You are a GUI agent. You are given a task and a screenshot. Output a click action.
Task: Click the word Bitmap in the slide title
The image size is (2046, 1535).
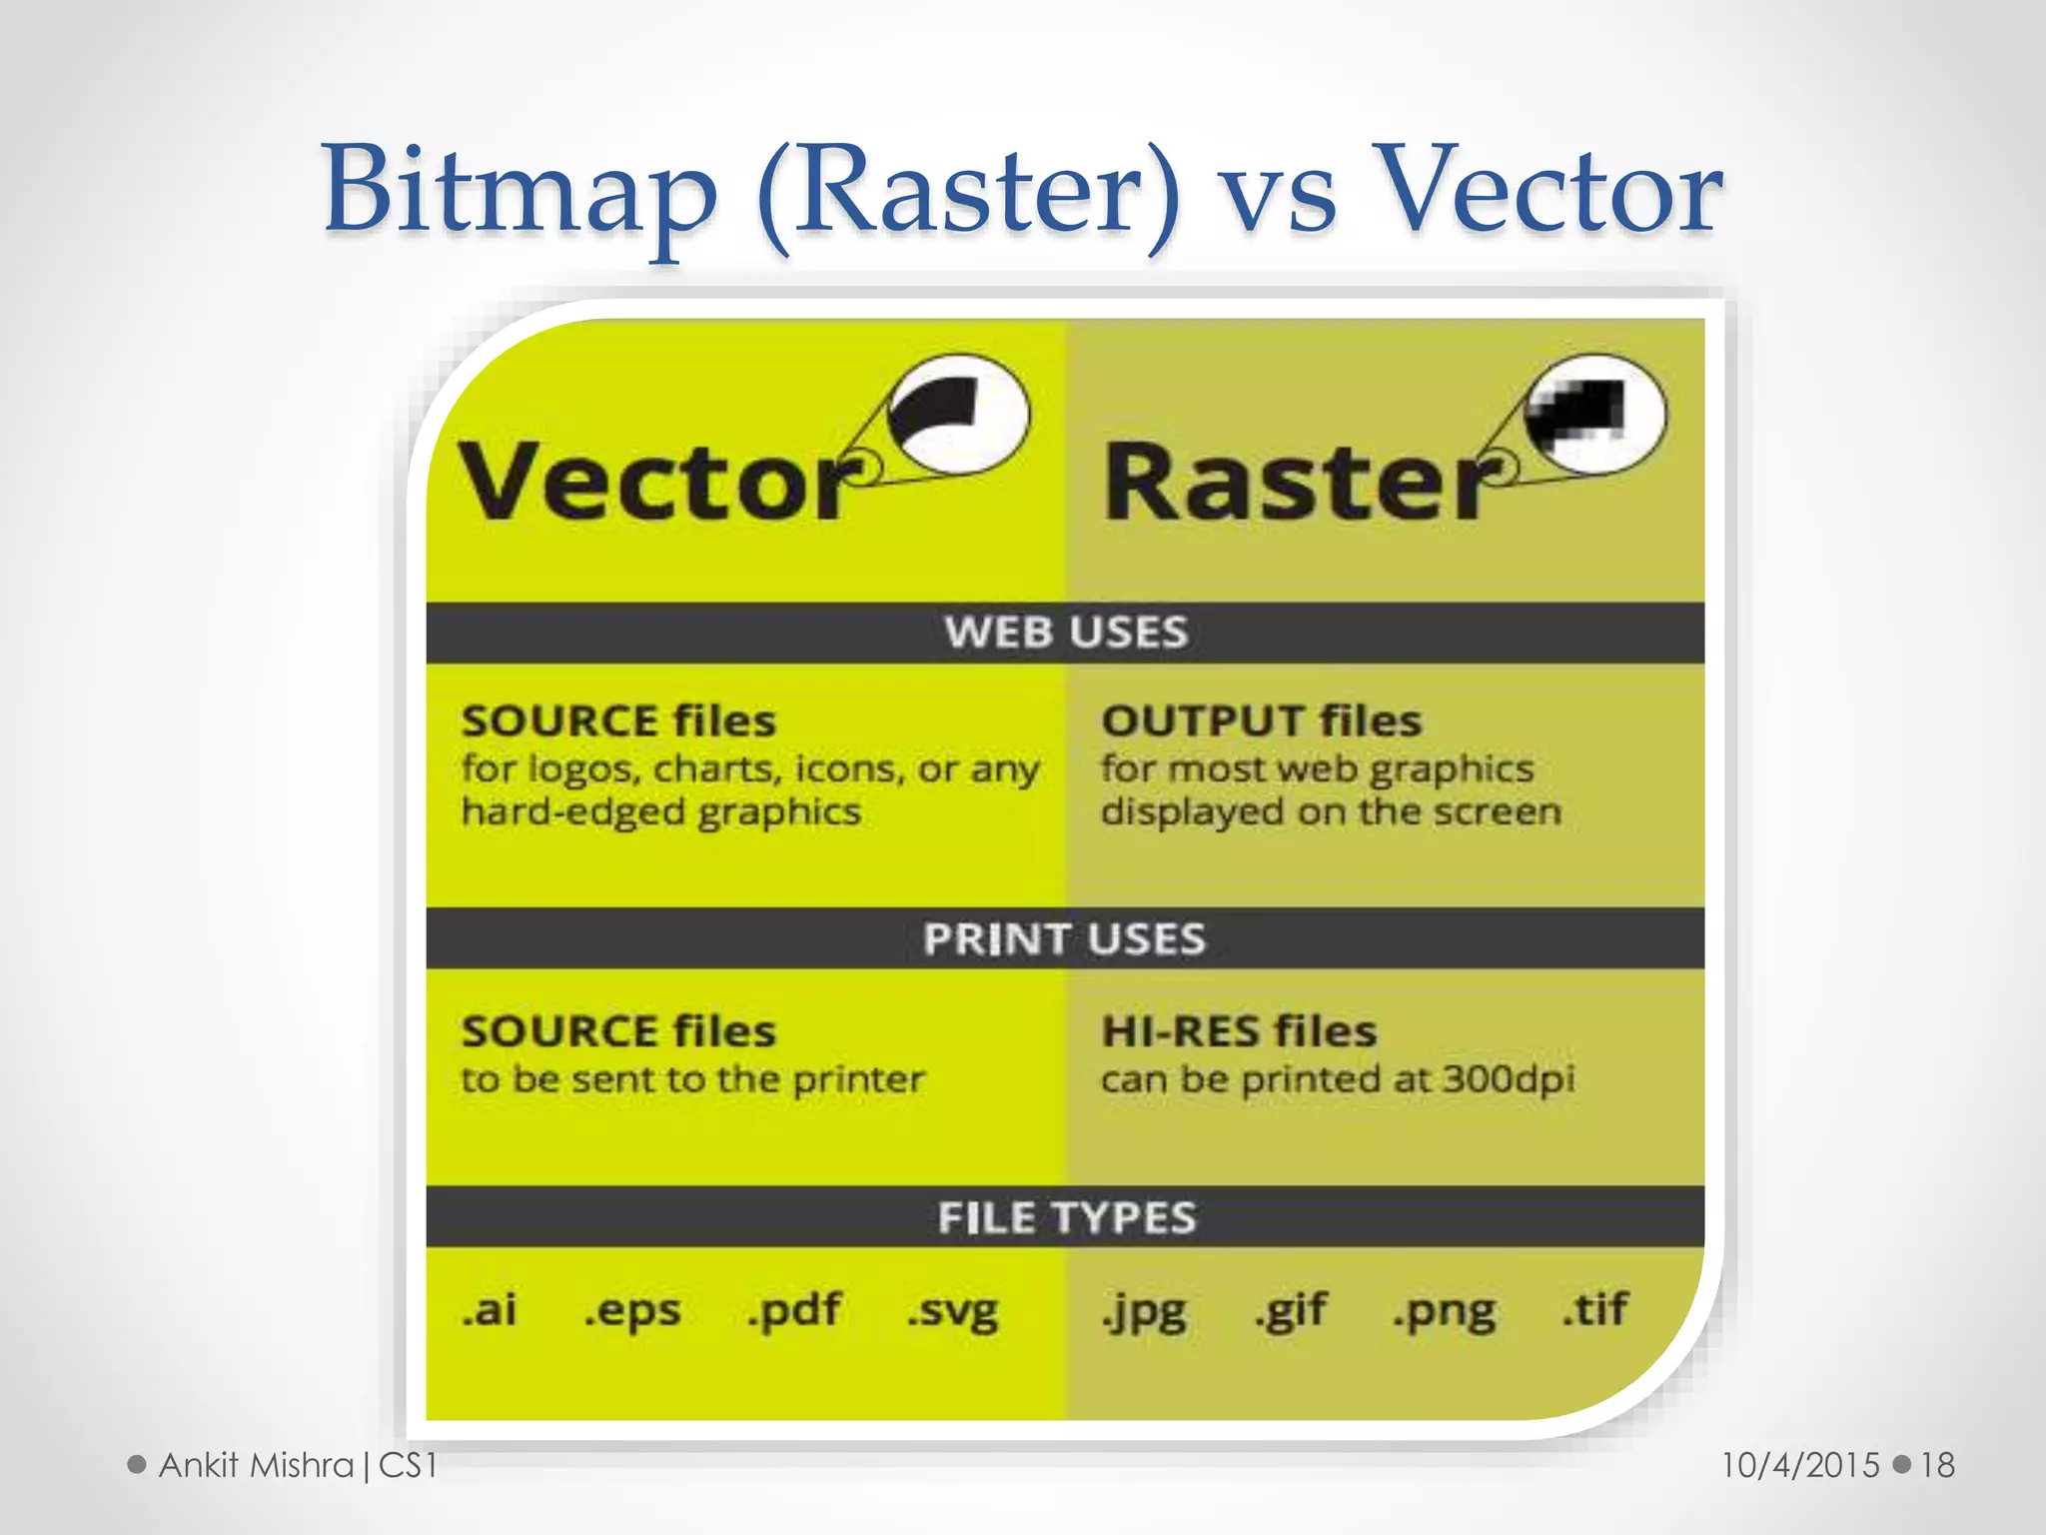click(x=519, y=190)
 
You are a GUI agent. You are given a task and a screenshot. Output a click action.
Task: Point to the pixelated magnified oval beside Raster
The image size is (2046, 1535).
click(x=1595, y=413)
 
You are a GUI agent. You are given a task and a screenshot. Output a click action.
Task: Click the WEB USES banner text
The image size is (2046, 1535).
click(x=1066, y=633)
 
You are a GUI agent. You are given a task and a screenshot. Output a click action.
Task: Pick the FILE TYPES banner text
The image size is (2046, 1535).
click(x=1066, y=1218)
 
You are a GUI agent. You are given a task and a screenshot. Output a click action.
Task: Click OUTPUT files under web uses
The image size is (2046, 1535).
click(x=1261, y=722)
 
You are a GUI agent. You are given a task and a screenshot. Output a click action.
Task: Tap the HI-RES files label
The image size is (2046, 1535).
click(x=1239, y=1031)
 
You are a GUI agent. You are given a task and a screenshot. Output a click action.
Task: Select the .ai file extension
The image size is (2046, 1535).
click(x=490, y=1309)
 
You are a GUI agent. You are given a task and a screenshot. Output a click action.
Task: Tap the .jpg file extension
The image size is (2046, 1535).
click(x=1144, y=1311)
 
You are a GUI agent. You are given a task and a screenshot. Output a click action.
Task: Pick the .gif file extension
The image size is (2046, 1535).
click(x=1291, y=1311)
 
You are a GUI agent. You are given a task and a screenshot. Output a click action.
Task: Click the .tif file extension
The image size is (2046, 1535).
click(x=1595, y=1309)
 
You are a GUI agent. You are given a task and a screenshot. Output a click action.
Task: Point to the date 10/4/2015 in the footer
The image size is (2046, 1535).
click(x=1800, y=1465)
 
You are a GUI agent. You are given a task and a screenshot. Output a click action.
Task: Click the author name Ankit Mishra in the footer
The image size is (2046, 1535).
click(x=257, y=1465)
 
